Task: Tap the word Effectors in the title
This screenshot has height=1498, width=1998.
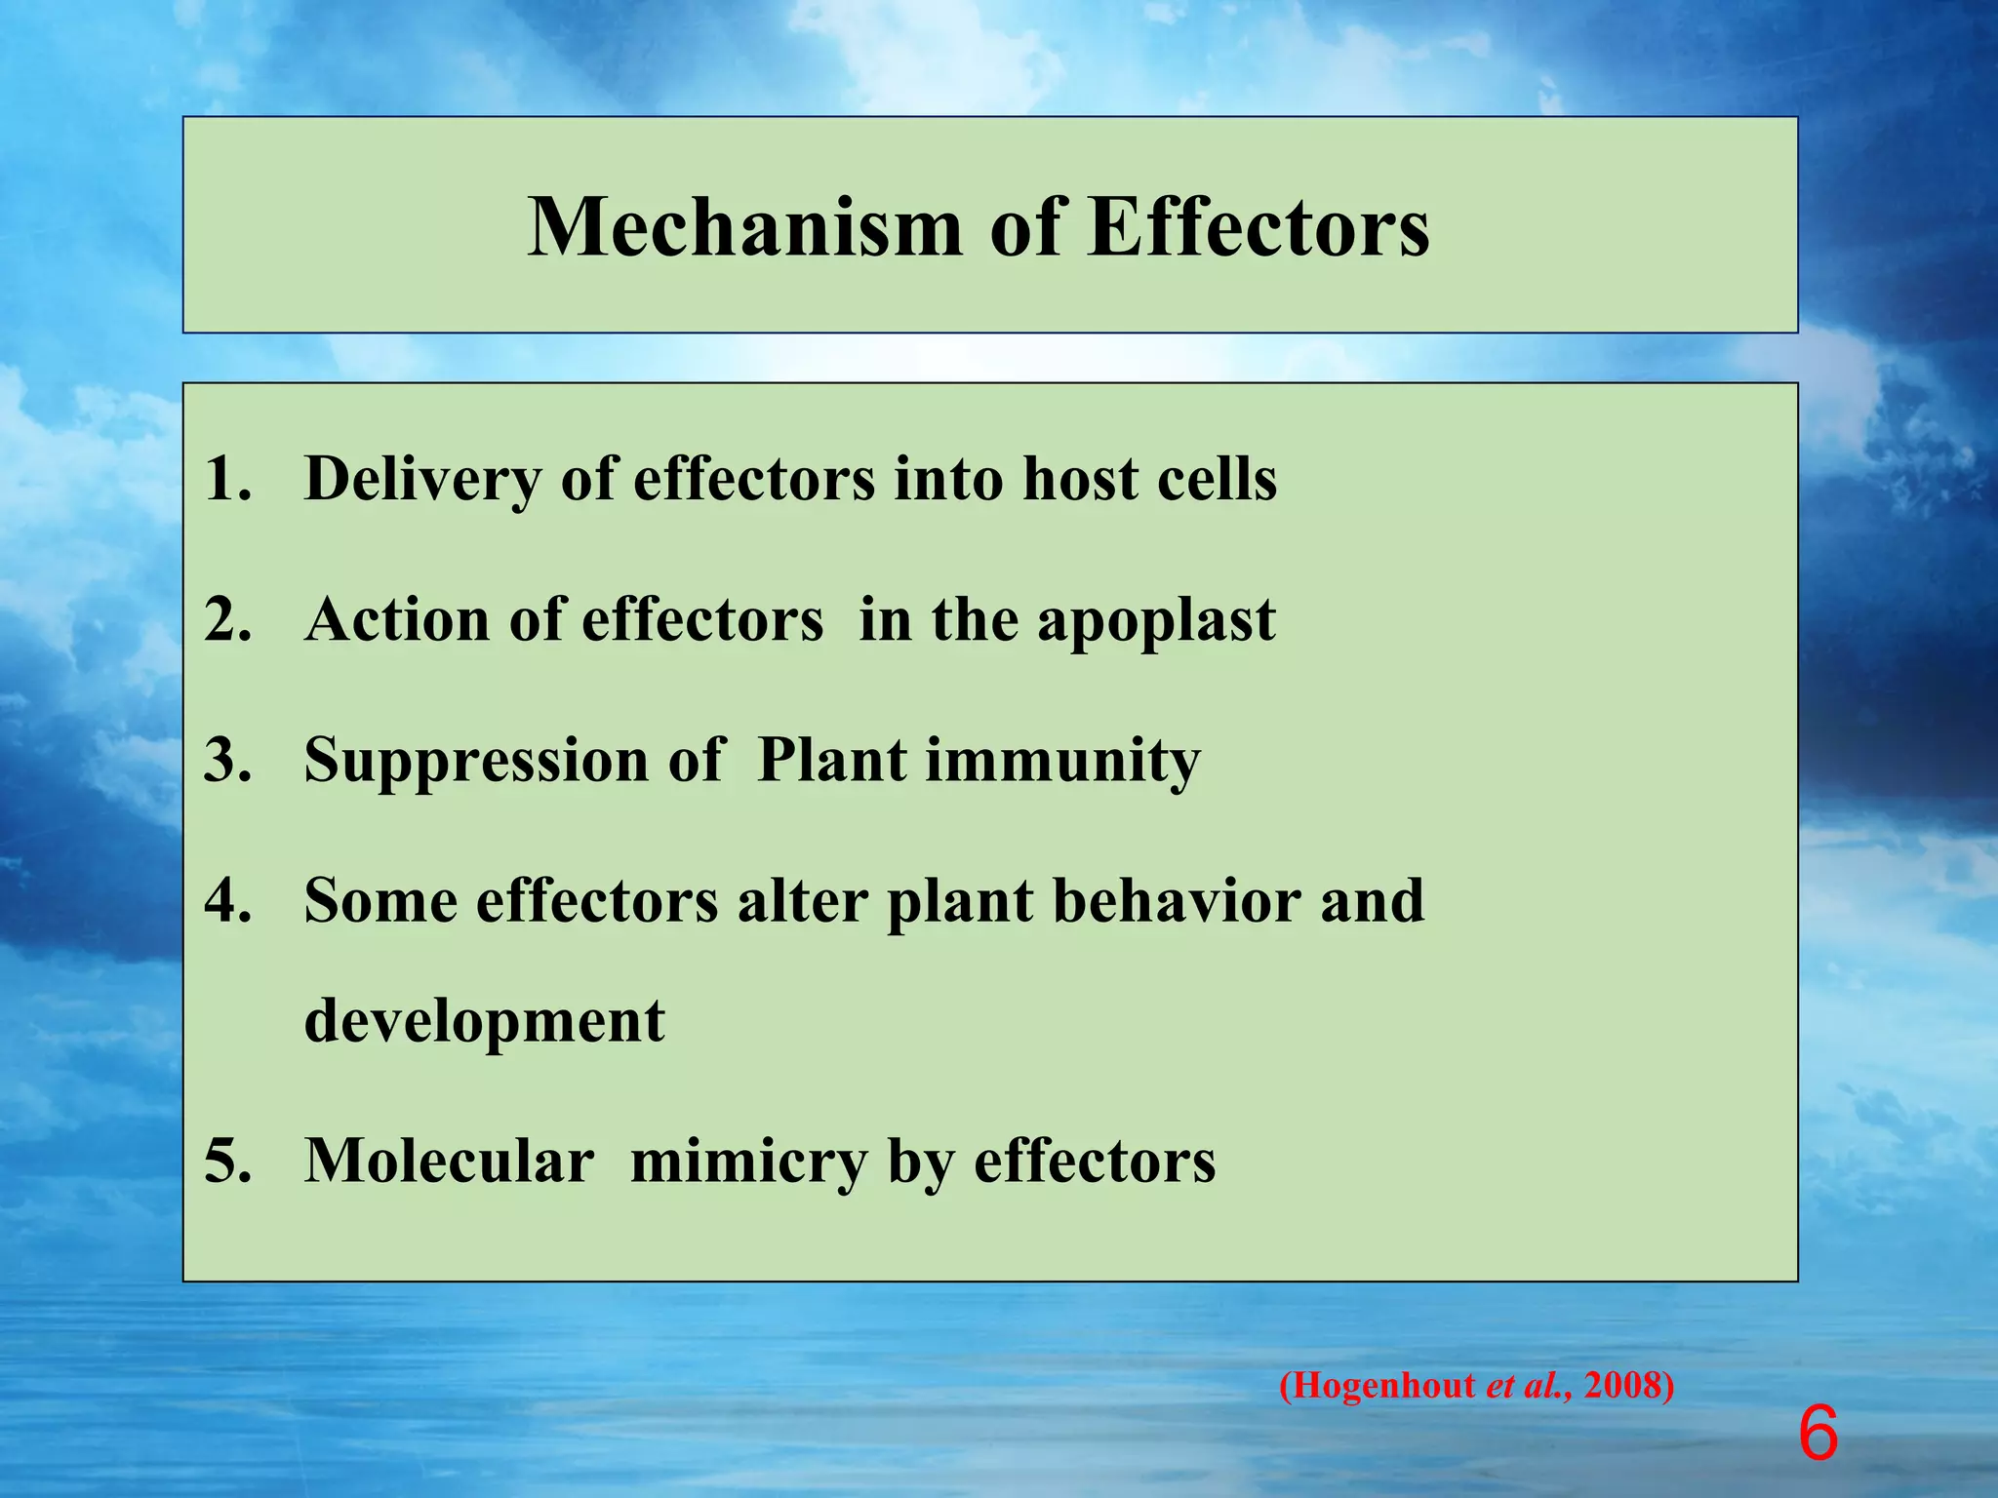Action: [x=1259, y=227]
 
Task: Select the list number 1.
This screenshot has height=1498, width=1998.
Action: [x=226, y=480]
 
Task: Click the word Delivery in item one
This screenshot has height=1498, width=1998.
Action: [x=422, y=480]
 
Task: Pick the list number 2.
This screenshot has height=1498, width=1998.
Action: [x=226, y=620]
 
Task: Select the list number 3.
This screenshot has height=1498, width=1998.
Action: [x=226, y=761]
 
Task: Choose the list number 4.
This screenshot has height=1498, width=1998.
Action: [x=226, y=901]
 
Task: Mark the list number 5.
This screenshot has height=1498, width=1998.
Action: [x=226, y=1163]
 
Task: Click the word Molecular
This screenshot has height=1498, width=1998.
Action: [x=449, y=1163]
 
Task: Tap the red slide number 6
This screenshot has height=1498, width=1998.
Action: [x=1818, y=1435]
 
